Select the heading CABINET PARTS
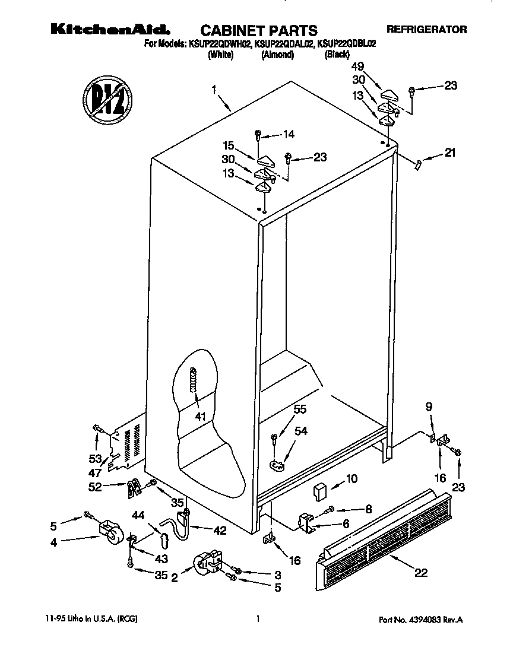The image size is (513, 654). coord(258,30)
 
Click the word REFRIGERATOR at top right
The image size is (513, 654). coord(426,28)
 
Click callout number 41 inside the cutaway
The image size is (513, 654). coord(200,417)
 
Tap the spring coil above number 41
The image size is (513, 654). coord(192,379)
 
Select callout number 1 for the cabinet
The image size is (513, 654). coord(214,90)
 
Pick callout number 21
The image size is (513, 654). coord(451,154)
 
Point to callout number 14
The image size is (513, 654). coord(289,134)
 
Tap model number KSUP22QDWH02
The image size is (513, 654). coord(218,44)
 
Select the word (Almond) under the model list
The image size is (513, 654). coord(277,55)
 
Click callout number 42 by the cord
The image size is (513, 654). coord(220,530)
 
